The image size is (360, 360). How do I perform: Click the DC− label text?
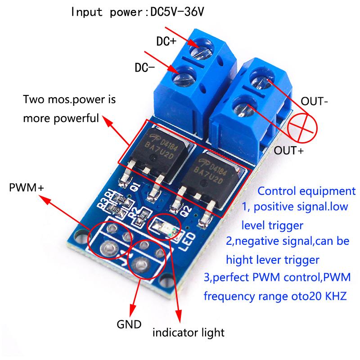145,68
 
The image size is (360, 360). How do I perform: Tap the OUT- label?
315,102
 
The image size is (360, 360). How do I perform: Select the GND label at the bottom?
129,324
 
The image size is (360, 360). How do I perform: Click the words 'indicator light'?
188,333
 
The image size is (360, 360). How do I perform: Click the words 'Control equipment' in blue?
306,190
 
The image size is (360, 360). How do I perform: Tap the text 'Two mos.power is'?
69,99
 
